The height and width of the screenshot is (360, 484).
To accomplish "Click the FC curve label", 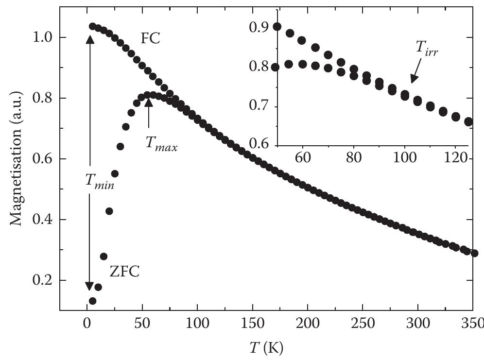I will pyautogui.click(x=150, y=39).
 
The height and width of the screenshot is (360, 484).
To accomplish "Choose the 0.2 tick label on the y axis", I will pyautogui.click(x=41, y=281).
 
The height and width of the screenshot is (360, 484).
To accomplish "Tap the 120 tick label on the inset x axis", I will pyautogui.click(x=456, y=158).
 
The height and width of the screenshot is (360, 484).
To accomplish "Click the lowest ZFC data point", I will pyautogui.click(x=92, y=301).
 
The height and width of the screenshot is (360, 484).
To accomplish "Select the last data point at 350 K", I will pyautogui.click(x=475, y=253).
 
